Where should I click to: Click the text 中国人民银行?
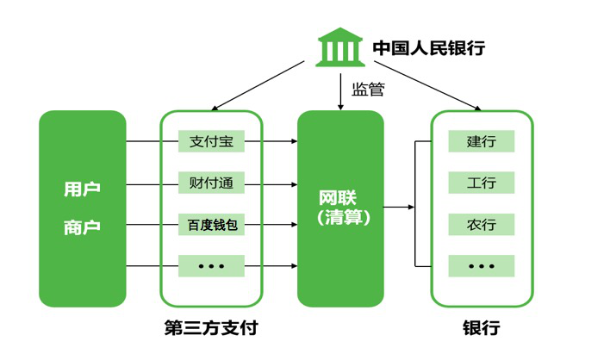(x=428, y=47)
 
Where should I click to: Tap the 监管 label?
(x=368, y=88)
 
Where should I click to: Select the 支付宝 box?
(x=211, y=141)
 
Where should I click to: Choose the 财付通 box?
(x=211, y=183)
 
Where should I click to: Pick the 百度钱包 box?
(x=211, y=225)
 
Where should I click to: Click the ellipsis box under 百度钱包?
(x=211, y=266)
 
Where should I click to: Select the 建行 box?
(x=481, y=141)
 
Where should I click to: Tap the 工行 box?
(x=481, y=183)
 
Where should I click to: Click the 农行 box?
(x=481, y=225)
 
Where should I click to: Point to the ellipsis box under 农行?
(x=481, y=266)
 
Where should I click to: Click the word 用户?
(x=82, y=189)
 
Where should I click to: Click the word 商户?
(x=82, y=227)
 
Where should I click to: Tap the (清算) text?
(x=340, y=219)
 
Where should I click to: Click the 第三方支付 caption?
(x=211, y=328)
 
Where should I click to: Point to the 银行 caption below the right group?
(x=481, y=328)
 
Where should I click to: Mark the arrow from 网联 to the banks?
(x=398, y=207)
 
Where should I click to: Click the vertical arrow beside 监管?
(x=340, y=91)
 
